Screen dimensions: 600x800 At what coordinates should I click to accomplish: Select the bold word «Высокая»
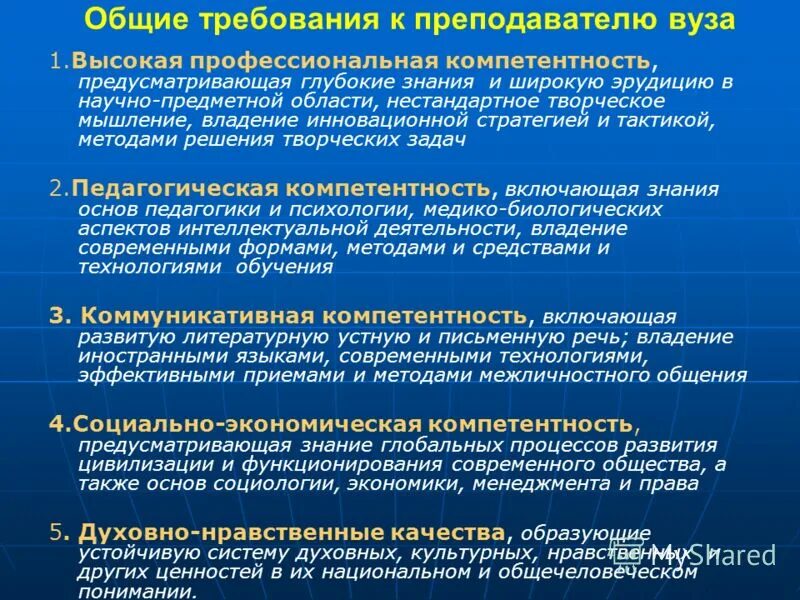tap(117, 62)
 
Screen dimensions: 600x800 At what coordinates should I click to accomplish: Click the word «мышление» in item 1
tap(124, 120)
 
